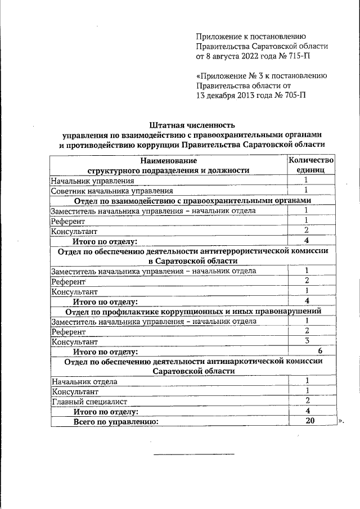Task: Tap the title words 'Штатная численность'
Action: tap(192, 125)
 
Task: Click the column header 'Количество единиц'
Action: tap(310, 165)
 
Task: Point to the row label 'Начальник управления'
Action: tap(92, 181)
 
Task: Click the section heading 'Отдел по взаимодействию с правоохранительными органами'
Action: tap(192, 200)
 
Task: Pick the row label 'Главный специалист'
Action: tap(89, 401)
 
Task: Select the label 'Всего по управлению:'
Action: tap(115, 421)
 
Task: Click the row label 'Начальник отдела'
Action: tap(84, 381)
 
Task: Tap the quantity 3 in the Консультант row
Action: tap(307, 341)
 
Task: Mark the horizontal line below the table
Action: tap(194, 453)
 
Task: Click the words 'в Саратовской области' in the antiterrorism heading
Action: tap(192, 261)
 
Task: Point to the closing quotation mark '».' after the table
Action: tap(340, 421)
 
